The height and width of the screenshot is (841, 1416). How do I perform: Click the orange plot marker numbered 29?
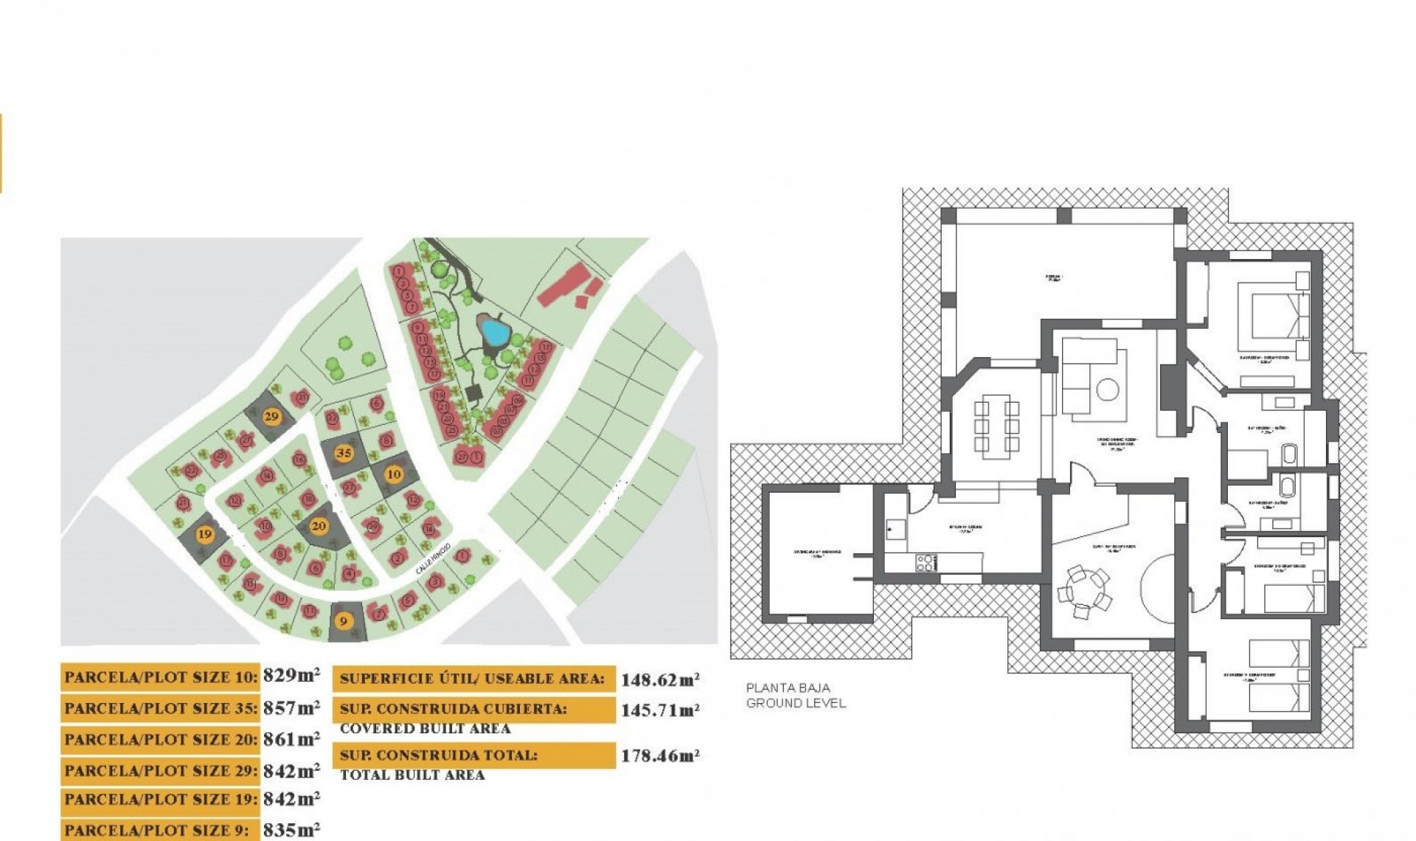[271, 416]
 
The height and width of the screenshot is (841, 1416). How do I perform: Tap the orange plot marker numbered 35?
[344, 453]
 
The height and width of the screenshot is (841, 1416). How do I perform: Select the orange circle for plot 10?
[394, 474]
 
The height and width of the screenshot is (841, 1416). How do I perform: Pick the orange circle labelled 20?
[319, 526]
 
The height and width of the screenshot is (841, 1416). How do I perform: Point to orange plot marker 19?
[205, 534]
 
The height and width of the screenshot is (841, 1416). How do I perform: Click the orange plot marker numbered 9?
[343, 621]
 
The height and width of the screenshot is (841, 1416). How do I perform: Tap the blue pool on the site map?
[493, 333]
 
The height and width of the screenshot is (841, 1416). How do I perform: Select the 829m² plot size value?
[291, 675]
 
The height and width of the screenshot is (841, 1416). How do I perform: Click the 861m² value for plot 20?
[291, 738]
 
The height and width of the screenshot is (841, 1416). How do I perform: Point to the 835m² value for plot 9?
[291, 830]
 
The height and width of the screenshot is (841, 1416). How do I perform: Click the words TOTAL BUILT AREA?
[412, 775]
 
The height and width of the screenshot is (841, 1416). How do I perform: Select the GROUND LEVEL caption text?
[796, 703]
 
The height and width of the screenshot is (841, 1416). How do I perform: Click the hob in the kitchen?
[926, 563]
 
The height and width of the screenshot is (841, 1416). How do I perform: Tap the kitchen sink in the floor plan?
[896, 528]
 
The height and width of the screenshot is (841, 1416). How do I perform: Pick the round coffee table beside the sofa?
[1107, 389]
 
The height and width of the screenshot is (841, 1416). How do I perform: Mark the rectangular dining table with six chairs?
[996, 426]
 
